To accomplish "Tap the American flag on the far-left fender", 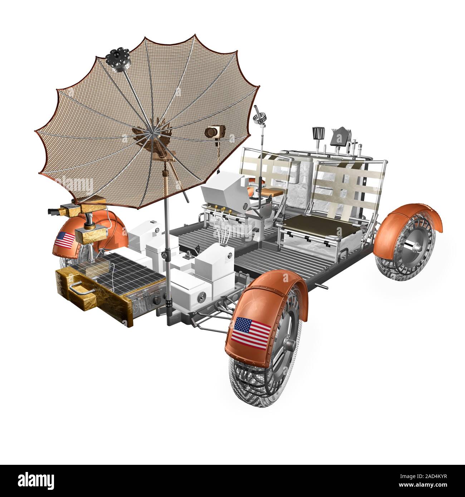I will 65,240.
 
